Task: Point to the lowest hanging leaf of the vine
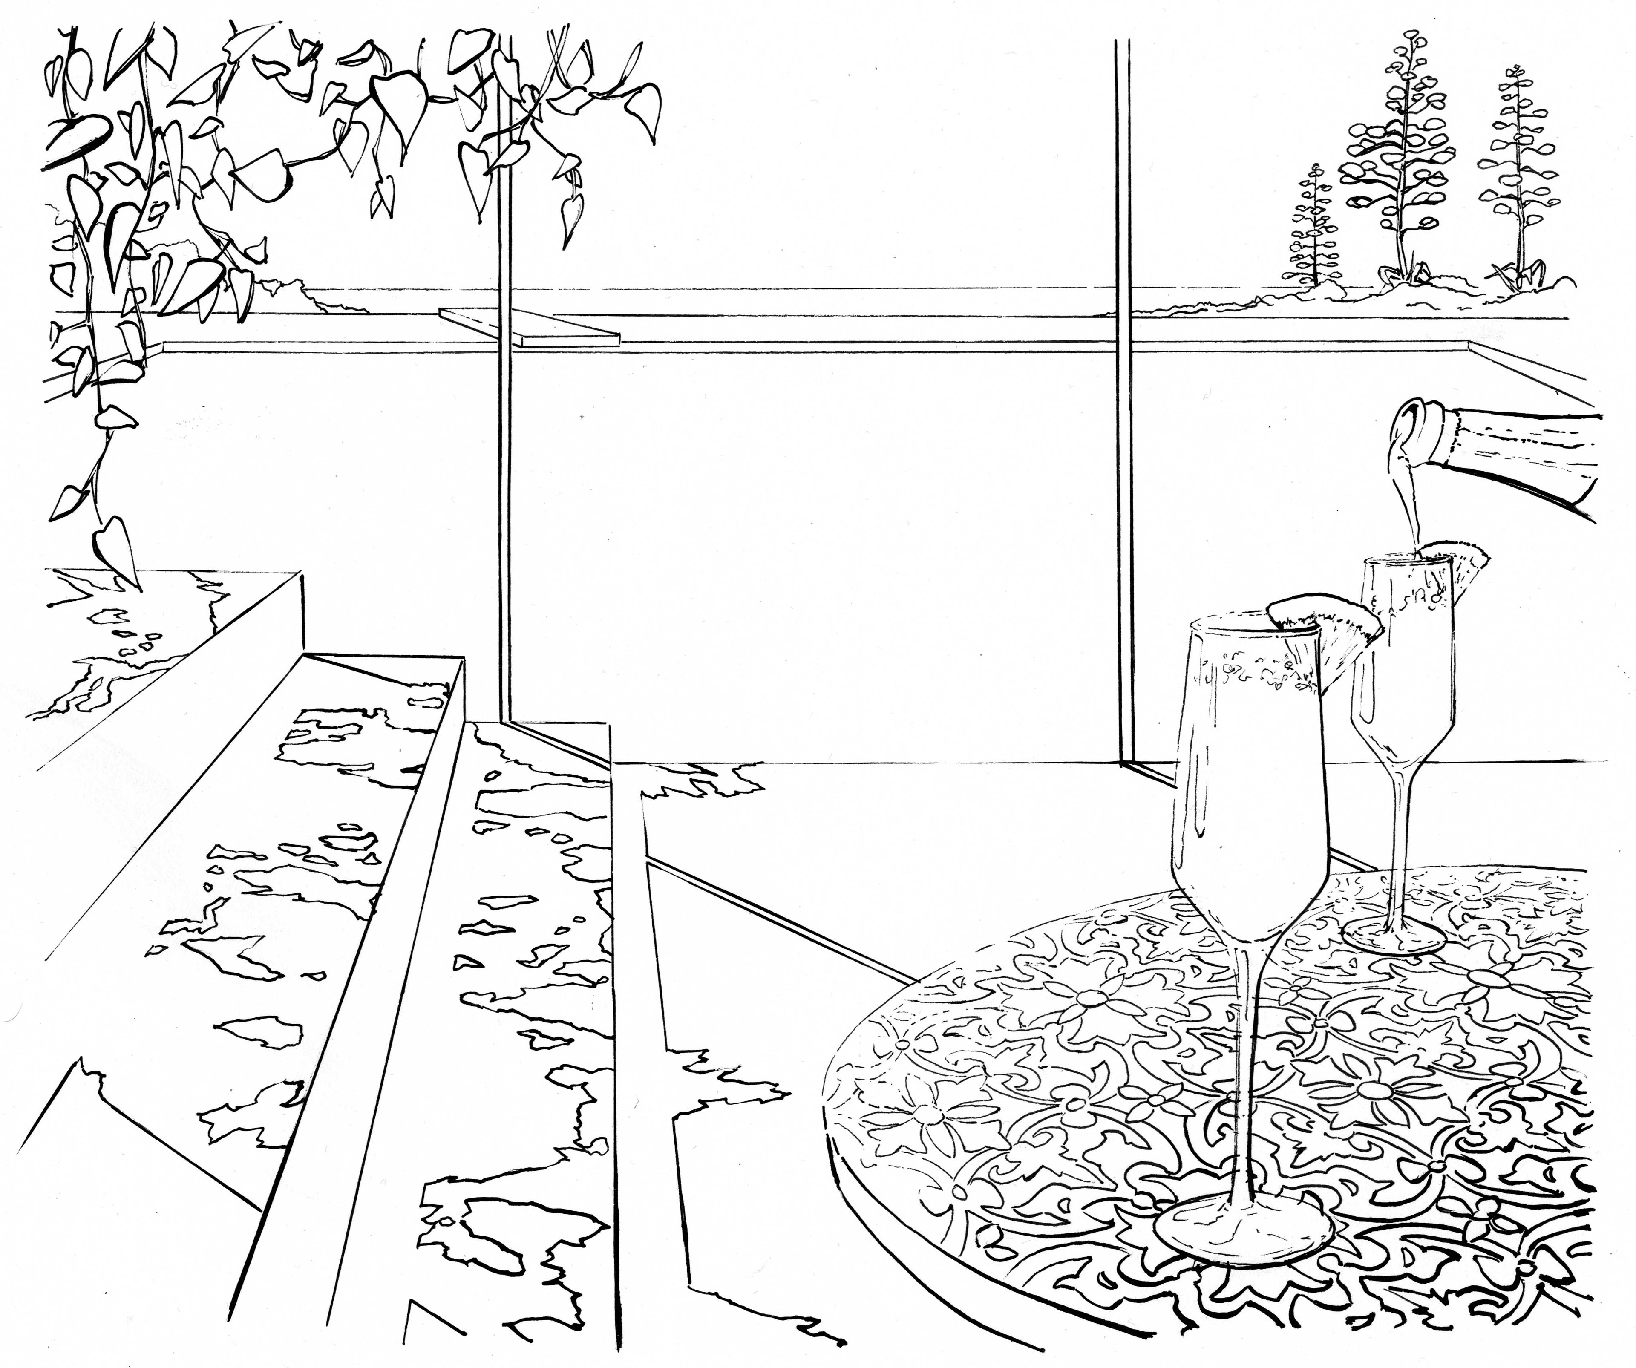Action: pos(113,545)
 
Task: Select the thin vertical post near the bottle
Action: pos(1123,389)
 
